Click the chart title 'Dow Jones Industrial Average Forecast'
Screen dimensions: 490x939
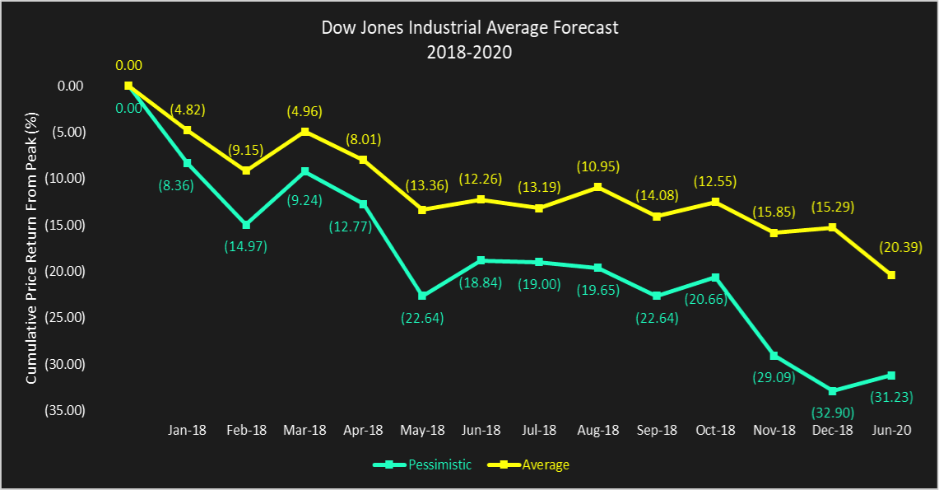469,28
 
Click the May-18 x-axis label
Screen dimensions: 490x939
422,430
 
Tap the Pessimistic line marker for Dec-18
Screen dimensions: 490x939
834,391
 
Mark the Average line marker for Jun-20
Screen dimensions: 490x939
892,275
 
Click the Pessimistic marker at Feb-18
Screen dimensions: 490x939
246,225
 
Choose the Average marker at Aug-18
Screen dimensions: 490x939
598,187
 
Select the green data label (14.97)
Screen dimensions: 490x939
246,245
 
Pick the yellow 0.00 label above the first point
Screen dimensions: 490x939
128,64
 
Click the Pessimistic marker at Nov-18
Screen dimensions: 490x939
774,356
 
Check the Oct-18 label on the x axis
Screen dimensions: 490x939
716,430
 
